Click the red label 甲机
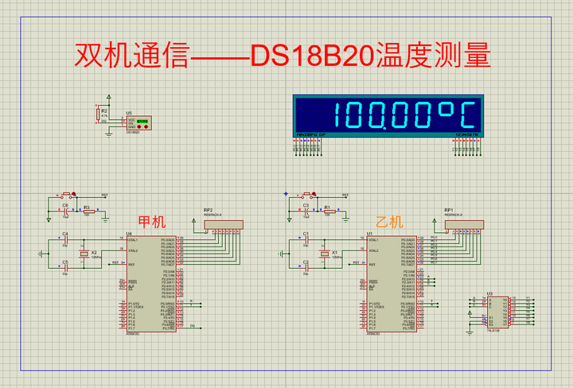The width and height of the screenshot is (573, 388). [x=152, y=222]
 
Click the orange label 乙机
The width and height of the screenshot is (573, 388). [x=390, y=222]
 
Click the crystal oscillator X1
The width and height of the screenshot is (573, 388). [x=324, y=254]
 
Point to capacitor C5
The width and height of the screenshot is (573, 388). [x=65, y=268]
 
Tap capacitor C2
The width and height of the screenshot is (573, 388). [x=305, y=268]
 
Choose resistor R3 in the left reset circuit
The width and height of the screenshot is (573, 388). [x=88, y=212]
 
